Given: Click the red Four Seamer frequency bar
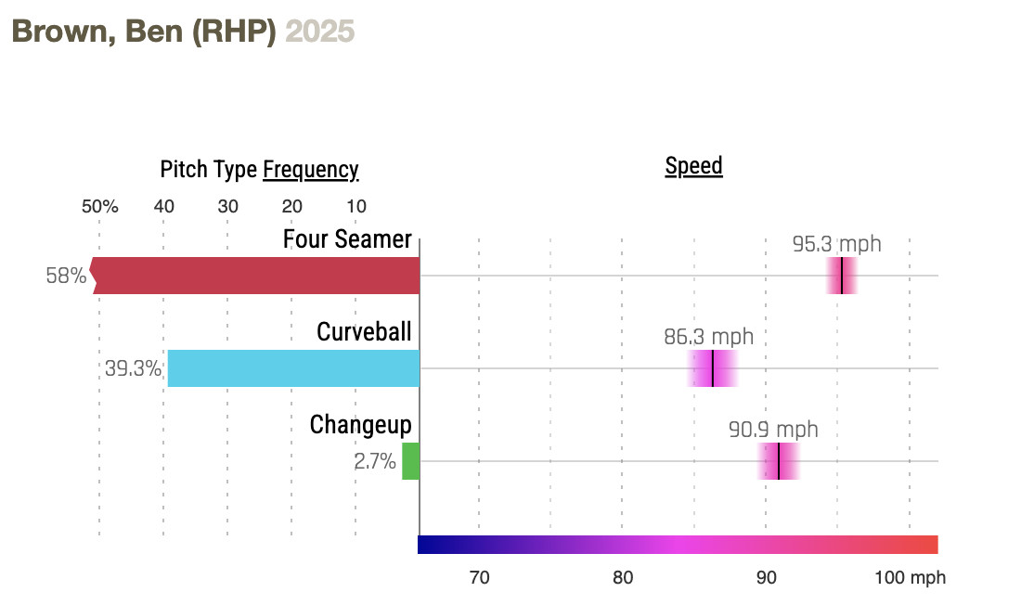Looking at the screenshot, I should [255, 276].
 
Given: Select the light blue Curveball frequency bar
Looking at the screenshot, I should [293, 368].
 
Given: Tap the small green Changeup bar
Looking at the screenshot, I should [410, 461].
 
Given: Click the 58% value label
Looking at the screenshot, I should [66, 276].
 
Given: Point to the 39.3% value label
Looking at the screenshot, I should [133, 368].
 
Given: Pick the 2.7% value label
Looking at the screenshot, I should [375, 461].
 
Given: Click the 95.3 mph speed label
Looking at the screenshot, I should [836, 245].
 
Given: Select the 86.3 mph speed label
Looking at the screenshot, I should [708, 337].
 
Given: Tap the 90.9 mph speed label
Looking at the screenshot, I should [773, 430].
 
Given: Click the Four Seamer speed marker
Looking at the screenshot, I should [841, 276].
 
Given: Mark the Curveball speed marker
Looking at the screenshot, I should [713, 368].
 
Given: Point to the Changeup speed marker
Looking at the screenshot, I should [779, 461].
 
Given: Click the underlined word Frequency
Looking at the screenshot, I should [310, 170].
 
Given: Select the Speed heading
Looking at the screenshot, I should [693, 167].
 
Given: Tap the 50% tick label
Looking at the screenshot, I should [99, 207].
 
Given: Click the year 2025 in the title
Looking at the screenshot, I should [319, 31].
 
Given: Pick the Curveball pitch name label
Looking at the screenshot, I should [364, 332].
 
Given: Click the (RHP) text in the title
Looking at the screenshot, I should [235, 31].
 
